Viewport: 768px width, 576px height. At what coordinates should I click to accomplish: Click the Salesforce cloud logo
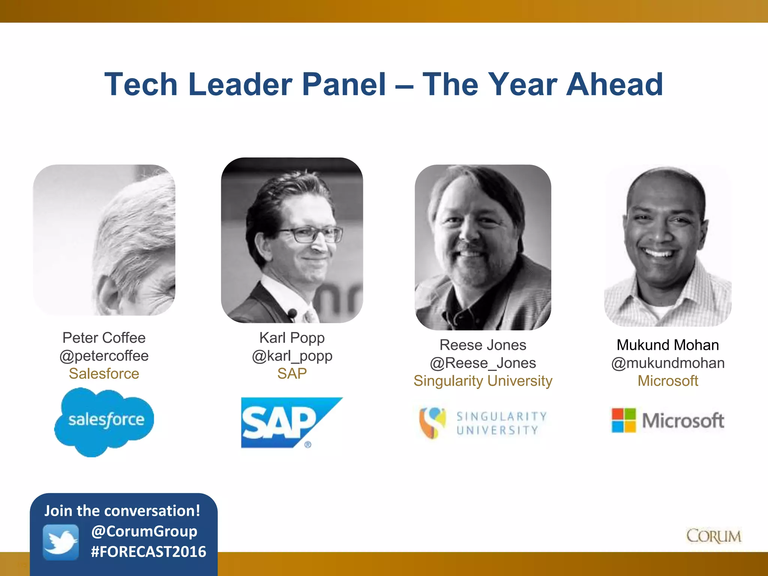104,421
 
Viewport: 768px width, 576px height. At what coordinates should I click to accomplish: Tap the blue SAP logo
285,422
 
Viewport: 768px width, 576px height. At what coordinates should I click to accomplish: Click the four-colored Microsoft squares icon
624,420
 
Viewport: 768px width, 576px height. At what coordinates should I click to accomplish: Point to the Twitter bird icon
61,542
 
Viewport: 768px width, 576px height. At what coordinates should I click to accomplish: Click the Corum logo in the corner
714,536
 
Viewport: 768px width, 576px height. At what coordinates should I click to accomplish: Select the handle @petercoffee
104,355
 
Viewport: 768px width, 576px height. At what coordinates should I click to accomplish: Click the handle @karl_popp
292,355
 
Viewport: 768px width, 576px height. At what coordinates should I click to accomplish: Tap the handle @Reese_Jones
483,363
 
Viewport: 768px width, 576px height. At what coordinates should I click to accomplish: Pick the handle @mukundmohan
668,363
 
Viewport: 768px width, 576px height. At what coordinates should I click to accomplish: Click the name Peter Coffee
104,337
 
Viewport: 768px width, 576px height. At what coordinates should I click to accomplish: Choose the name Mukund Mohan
668,345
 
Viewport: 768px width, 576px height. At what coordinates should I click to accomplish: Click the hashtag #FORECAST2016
148,552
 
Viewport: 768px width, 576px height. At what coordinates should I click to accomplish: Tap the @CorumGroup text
144,531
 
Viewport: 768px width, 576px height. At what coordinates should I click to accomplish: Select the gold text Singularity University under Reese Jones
483,381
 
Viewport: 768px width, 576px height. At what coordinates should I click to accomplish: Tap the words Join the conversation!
122,511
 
